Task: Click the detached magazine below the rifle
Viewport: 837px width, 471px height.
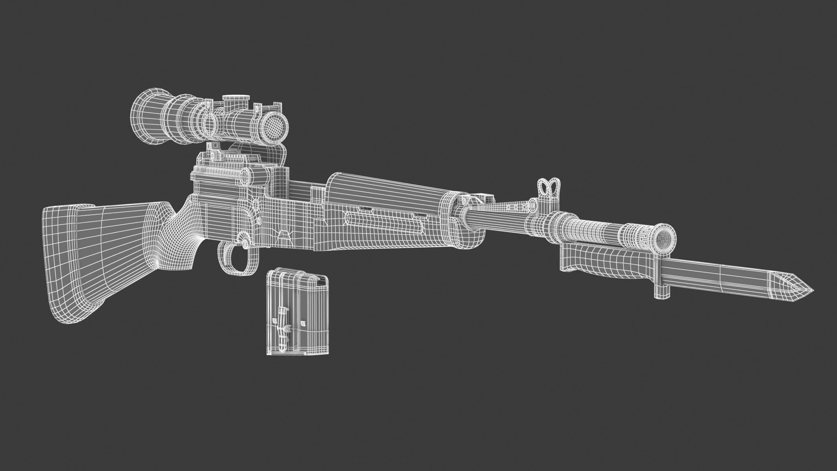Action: pos(297,312)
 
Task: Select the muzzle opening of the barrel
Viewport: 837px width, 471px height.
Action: pos(666,237)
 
